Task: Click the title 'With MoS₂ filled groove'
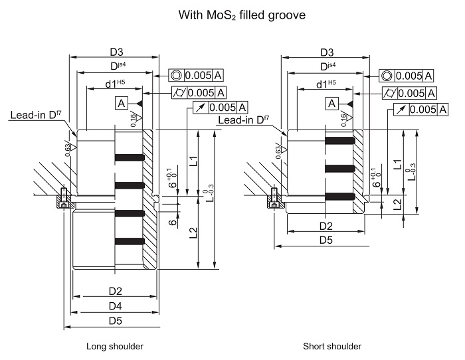point(242,15)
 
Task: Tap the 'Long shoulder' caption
point(115,346)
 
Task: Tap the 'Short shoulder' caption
point(332,346)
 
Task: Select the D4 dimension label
point(116,306)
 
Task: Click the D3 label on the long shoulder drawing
point(116,52)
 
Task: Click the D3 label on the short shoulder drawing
point(327,52)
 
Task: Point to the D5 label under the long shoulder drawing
point(116,321)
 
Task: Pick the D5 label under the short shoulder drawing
point(326,240)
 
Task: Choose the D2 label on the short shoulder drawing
point(326,226)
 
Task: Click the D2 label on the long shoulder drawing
point(116,291)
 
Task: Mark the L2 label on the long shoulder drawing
point(193,232)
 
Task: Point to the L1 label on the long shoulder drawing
point(193,161)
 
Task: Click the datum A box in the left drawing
point(122,103)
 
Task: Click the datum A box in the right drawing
point(332,103)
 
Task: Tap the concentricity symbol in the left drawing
point(176,75)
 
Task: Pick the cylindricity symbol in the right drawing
point(389,94)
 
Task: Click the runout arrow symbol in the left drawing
point(201,108)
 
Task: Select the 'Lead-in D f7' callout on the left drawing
point(36,115)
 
